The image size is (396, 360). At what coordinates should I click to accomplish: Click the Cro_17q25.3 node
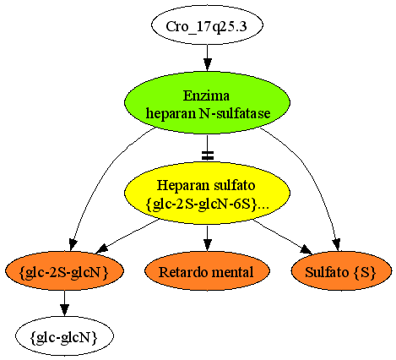coord(207,25)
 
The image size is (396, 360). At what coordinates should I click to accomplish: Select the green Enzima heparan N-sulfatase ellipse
coord(207,102)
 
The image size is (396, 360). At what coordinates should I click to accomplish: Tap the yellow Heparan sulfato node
coord(207,193)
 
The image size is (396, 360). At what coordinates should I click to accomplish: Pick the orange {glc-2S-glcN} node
coord(64,270)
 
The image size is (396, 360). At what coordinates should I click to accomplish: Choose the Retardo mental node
coord(207,270)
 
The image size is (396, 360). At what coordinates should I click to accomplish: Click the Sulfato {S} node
coord(341,270)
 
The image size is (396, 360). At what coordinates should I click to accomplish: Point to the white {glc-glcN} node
coord(64,335)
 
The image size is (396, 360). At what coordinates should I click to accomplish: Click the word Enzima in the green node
coord(206,95)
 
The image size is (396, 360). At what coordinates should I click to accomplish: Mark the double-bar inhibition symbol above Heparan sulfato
coord(208,155)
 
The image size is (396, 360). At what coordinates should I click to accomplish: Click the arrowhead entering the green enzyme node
coord(208,64)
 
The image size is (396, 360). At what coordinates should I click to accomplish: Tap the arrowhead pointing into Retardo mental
coord(208,244)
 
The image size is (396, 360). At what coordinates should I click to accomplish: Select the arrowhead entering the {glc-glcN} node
coord(64,310)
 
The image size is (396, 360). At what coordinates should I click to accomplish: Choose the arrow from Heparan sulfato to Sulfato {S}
coord(282,237)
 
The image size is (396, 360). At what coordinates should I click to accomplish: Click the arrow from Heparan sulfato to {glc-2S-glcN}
coord(128,237)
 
